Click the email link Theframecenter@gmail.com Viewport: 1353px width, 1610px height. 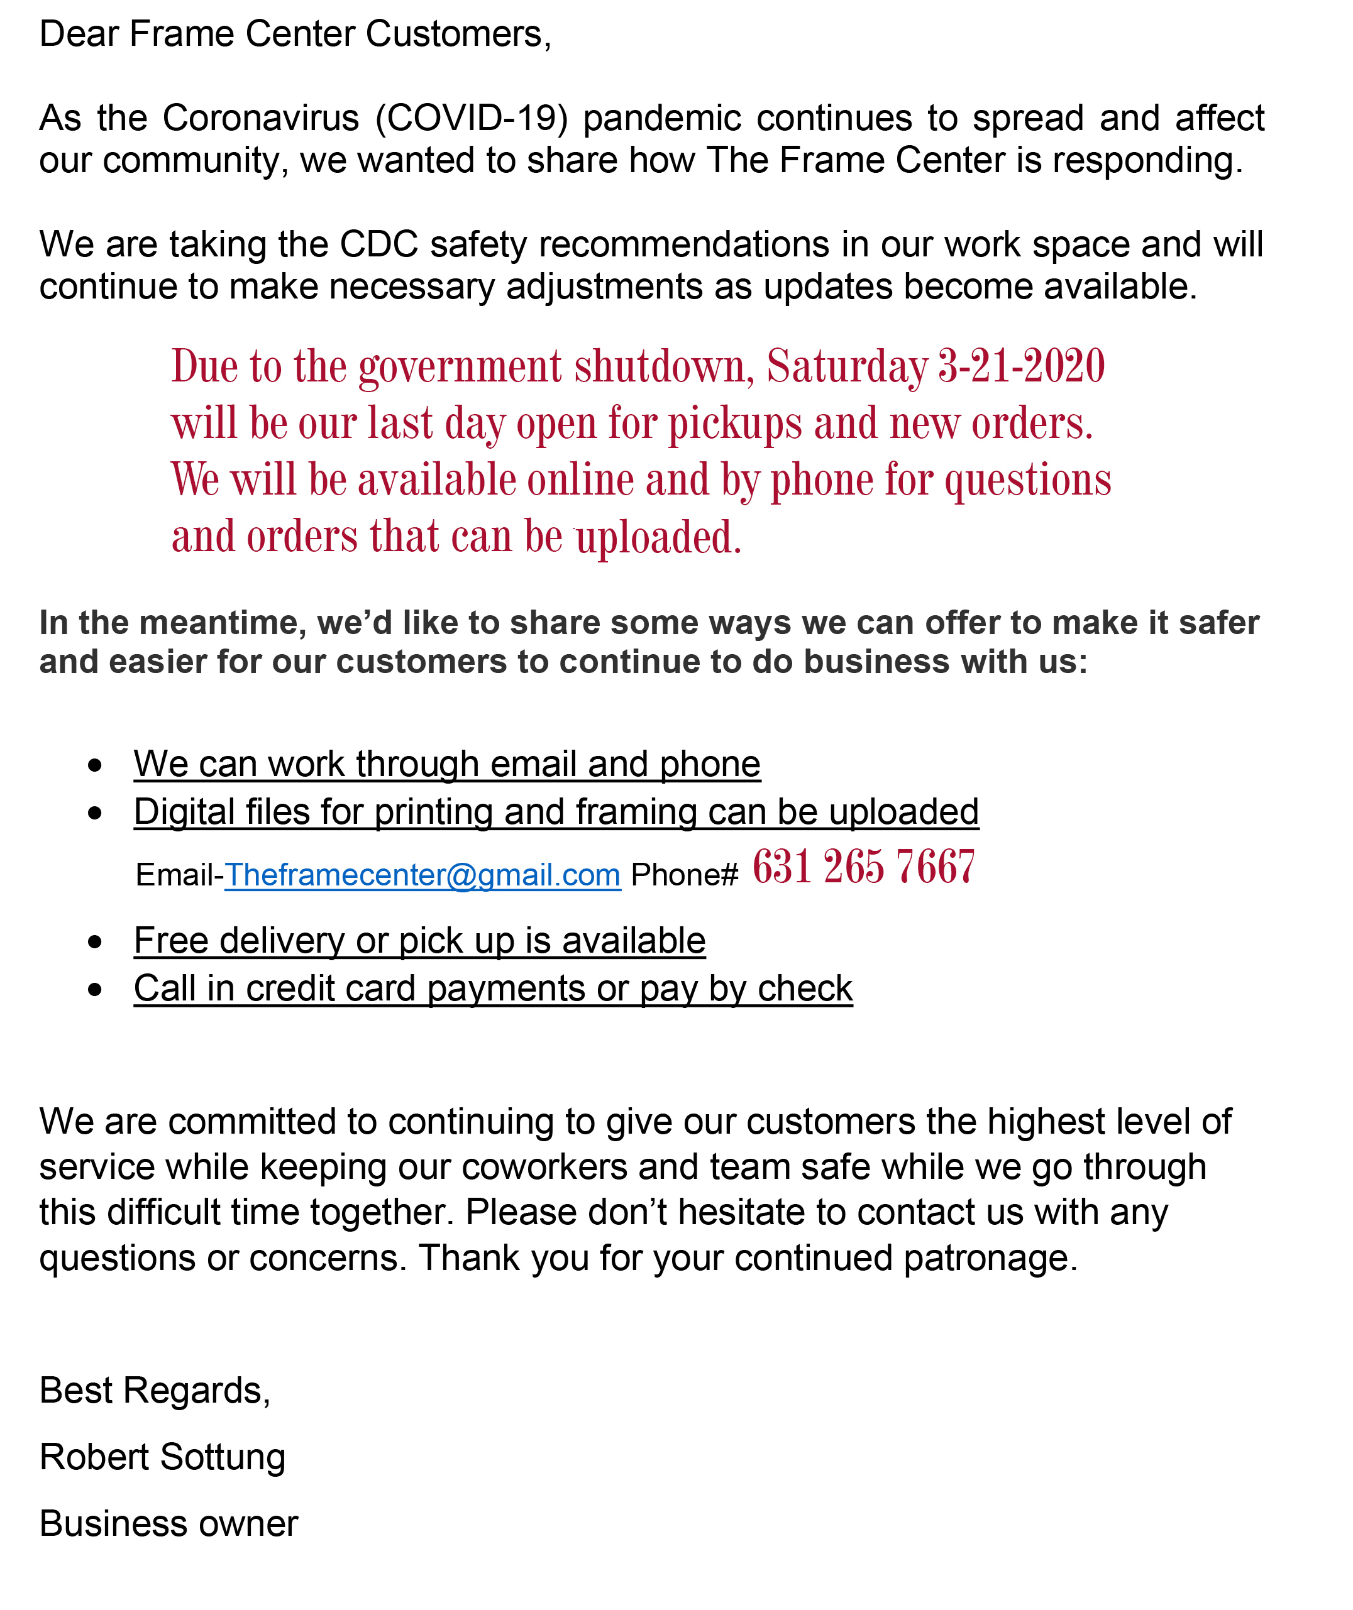[x=422, y=875]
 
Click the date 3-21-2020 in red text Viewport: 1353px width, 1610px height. [x=1021, y=366]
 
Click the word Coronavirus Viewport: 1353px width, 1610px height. [x=261, y=118]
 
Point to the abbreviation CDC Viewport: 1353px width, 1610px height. [x=379, y=244]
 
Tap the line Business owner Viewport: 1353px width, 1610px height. [x=168, y=1523]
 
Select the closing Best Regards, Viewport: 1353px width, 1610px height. [x=155, y=1390]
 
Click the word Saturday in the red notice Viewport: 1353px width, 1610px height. [x=847, y=366]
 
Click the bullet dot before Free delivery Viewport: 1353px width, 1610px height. [x=95, y=941]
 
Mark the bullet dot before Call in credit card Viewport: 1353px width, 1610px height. [x=95, y=990]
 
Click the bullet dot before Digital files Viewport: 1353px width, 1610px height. [x=95, y=813]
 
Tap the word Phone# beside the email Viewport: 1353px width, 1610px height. [x=683, y=875]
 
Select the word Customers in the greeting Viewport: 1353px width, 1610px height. [x=458, y=35]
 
